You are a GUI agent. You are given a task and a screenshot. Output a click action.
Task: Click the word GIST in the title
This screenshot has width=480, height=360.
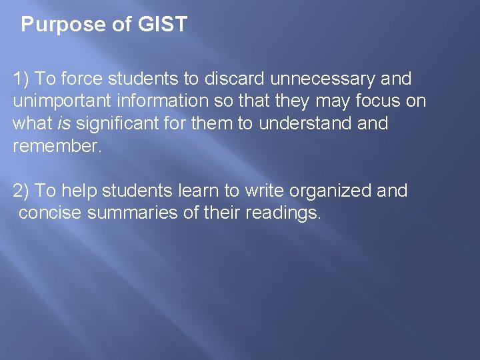point(163,25)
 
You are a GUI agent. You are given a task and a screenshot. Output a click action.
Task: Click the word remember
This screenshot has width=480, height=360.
point(56,147)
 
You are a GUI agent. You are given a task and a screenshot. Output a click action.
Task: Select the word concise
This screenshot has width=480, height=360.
point(49,213)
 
